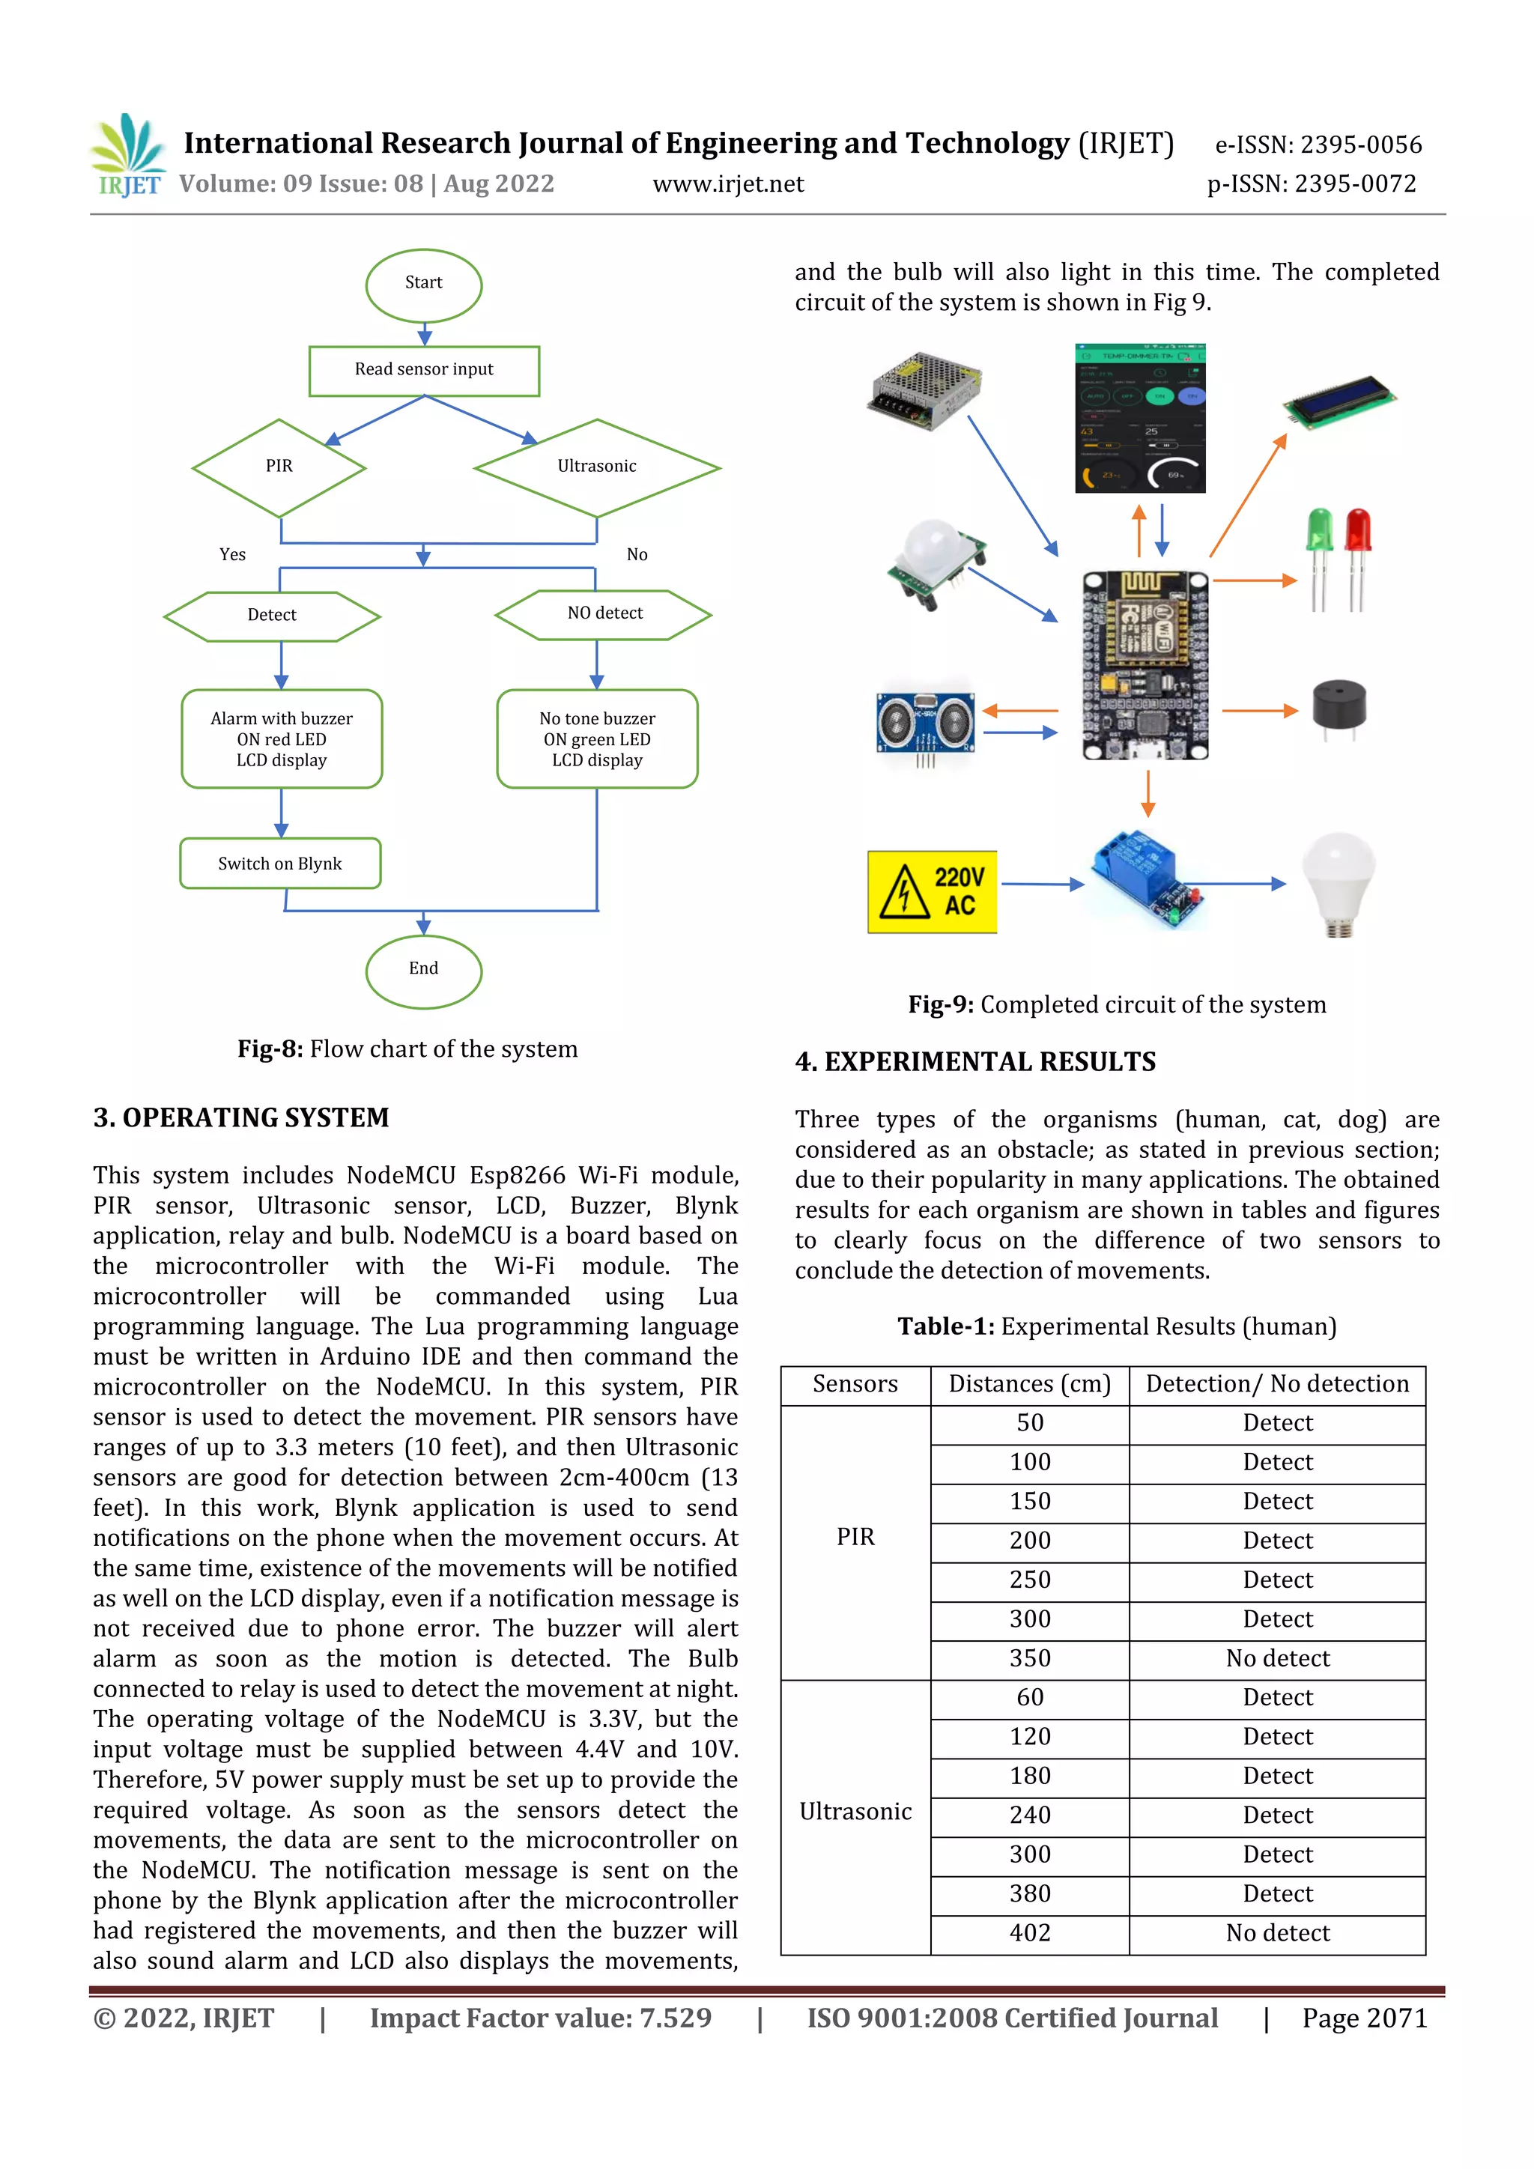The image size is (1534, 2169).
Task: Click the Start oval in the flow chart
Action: coord(423,283)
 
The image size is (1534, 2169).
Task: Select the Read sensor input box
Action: coord(424,370)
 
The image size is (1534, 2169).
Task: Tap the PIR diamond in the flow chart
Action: coord(279,467)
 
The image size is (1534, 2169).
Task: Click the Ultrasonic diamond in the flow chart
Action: coord(596,467)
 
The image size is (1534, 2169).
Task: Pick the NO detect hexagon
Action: coord(604,614)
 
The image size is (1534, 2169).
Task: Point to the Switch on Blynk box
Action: coord(281,864)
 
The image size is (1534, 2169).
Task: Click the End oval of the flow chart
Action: coord(423,970)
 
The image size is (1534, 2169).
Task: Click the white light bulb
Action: coord(1339,882)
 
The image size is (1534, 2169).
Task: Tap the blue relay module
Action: coord(1147,879)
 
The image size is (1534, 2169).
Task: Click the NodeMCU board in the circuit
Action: coord(1145,664)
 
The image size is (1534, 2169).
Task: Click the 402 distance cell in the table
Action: coord(1030,1933)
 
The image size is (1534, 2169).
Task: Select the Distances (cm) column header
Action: coord(1030,1384)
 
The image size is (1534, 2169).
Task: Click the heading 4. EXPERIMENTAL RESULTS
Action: coord(974,1062)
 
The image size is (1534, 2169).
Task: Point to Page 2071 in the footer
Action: coord(1364,2018)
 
